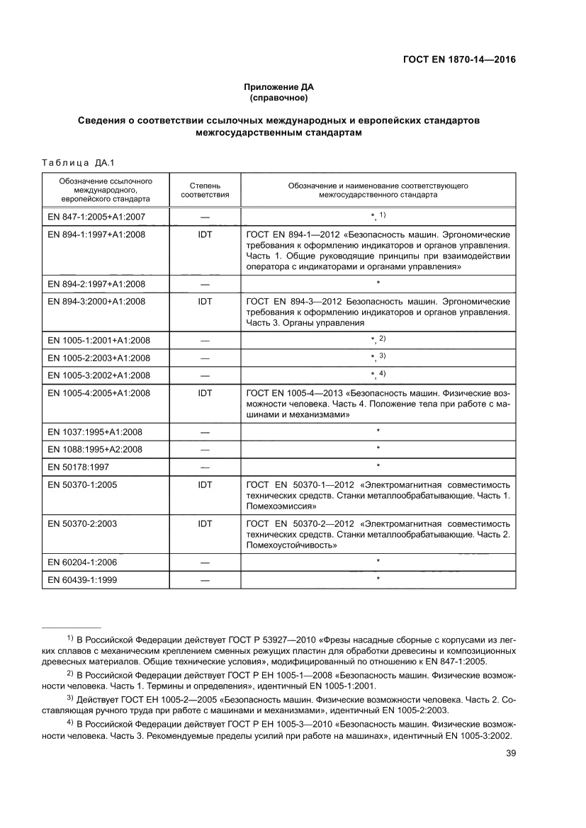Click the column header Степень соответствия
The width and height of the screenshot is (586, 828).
[205, 189]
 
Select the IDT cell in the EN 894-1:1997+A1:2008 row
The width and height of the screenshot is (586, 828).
[205, 234]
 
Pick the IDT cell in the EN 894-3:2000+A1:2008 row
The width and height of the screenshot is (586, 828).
[205, 302]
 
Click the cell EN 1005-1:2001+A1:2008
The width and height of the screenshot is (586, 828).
[98, 341]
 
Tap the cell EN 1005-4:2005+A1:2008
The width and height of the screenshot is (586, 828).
[98, 392]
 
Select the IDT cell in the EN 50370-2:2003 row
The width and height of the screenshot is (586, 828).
[205, 524]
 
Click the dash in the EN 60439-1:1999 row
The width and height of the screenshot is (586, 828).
[205, 580]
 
